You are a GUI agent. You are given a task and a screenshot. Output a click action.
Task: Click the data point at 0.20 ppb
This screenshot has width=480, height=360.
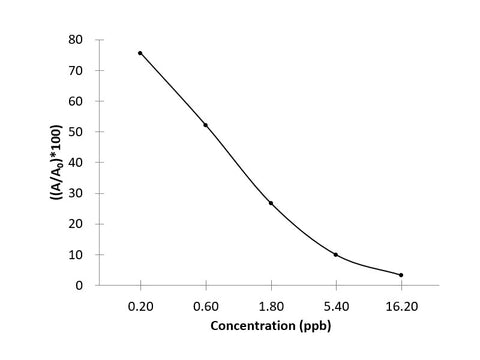click(140, 53)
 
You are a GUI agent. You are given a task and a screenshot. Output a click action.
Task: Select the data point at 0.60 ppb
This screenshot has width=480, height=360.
click(206, 125)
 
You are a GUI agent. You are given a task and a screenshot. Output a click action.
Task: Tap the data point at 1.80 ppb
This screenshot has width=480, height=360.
click(271, 203)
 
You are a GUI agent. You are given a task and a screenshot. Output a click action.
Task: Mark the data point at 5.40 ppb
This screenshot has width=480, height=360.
click(336, 255)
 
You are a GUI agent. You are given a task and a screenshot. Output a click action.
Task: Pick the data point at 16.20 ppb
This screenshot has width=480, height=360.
click(401, 275)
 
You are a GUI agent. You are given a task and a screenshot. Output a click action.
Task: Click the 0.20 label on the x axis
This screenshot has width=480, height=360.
click(140, 309)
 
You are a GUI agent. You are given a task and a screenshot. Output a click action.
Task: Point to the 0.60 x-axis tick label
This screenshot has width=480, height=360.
click(206, 309)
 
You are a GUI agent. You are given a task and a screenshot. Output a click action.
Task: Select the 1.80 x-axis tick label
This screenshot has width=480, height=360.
click(271, 309)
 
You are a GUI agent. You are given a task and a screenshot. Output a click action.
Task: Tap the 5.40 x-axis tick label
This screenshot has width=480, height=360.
click(336, 309)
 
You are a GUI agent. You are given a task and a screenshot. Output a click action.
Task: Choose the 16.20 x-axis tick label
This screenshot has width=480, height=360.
click(401, 309)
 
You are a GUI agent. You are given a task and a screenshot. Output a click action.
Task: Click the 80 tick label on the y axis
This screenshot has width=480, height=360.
click(74, 40)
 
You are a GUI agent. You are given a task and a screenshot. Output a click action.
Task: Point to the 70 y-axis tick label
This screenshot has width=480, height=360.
click(74, 71)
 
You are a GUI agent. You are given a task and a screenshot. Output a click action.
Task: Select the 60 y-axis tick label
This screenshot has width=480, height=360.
click(74, 101)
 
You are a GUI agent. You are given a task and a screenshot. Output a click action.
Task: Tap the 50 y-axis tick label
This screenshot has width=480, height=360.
click(74, 132)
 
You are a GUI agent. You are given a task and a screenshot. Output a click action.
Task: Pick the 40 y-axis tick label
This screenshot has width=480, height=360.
click(74, 163)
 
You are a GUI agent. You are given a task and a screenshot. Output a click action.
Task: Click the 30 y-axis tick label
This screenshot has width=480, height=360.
click(74, 193)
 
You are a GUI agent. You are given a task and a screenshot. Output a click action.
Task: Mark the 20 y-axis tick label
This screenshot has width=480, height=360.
click(74, 224)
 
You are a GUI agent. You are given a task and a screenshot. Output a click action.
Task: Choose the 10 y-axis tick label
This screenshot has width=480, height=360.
click(74, 255)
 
